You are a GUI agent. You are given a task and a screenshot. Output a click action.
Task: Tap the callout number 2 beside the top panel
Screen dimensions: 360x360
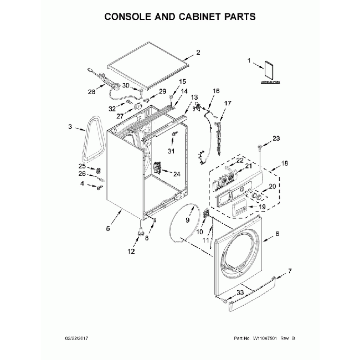click(198, 54)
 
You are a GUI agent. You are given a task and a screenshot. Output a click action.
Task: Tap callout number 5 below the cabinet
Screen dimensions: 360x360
click(108, 228)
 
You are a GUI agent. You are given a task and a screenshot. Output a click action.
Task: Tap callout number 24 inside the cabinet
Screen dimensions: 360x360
click(176, 173)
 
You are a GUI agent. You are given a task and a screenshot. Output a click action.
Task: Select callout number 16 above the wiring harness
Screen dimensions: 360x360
click(216, 90)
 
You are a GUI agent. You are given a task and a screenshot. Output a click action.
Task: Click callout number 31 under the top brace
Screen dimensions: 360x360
click(171, 151)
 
